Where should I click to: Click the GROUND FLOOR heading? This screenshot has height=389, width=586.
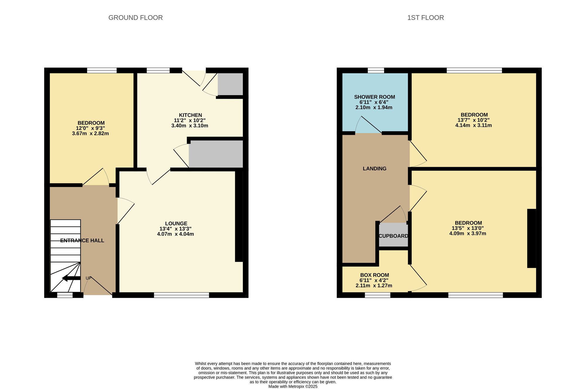(135, 18)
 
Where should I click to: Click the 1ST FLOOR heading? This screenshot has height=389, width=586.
(425, 18)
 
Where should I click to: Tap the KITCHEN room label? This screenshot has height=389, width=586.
(190, 115)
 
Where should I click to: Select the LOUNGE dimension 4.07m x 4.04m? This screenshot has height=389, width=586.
(176, 234)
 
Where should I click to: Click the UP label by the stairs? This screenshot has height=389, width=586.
(88, 278)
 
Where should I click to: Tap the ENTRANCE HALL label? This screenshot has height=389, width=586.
(82, 240)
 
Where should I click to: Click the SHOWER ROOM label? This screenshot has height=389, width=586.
(374, 97)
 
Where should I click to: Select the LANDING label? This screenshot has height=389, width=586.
(374, 169)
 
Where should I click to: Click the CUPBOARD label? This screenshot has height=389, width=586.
(393, 236)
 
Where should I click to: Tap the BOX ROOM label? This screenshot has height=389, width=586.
(374, 275)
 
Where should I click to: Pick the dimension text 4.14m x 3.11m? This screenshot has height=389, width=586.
(473, 125)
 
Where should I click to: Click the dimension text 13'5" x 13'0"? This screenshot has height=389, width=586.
(468, 228)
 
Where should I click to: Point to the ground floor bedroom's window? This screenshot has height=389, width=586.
(102, 70)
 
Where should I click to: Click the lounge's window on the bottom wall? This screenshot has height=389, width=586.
(181, 295)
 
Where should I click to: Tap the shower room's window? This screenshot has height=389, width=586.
(376, 70)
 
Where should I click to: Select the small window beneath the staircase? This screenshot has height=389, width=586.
(65, 295)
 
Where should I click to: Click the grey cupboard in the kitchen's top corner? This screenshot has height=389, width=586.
(230, 84)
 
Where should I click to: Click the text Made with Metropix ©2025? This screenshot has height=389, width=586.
(293, 386)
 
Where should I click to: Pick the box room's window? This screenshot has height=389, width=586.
(377, 295)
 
